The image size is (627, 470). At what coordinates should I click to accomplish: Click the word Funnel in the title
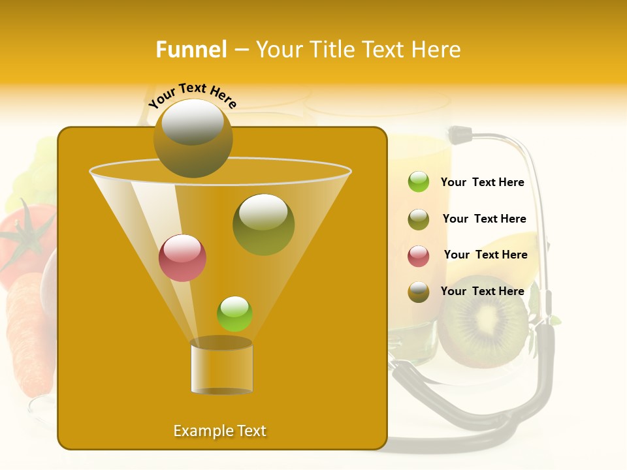tap(191, 50)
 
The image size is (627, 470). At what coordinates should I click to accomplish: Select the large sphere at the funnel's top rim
tap(193, 138)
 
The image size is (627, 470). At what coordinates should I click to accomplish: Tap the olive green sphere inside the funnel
tap(263, 224)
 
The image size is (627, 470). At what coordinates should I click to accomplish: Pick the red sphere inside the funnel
tap(182, 258)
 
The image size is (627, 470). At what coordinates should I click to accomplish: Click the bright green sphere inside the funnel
tap(234, 313)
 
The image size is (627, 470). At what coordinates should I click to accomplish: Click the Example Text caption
tap(219, 431)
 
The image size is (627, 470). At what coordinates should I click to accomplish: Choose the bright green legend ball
tap(419, 182)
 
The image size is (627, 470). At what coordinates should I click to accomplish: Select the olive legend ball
tap(419, 219)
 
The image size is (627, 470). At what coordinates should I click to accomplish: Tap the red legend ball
tap(419, 256)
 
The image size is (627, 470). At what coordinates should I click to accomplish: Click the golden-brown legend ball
tap(419, 292)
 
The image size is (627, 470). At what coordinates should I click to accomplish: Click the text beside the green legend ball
tap(482, 183)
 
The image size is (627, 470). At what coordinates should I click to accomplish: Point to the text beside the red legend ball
tap(485, 255)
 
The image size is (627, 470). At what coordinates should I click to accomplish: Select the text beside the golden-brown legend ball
tap(482, 291)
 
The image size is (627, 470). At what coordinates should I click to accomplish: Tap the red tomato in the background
tap(26, 242)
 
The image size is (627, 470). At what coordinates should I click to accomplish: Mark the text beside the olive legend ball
tap(484, 219)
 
